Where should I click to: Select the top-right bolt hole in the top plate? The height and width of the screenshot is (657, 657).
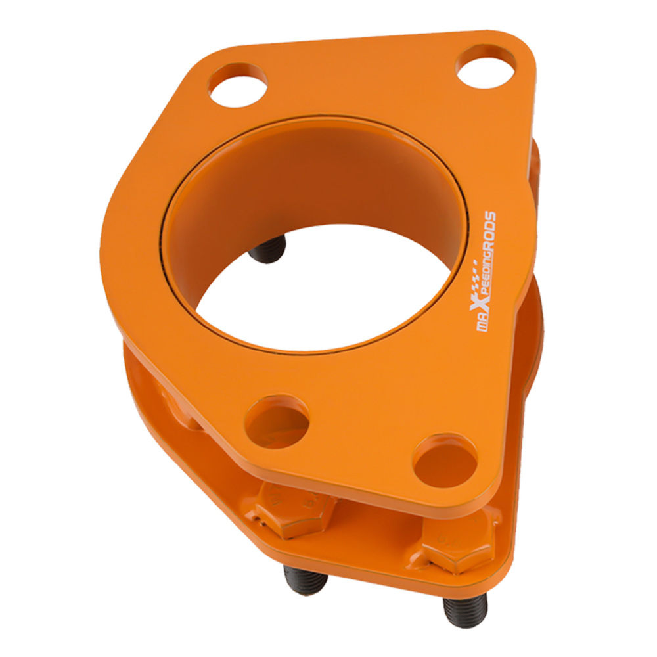tap(486, 67)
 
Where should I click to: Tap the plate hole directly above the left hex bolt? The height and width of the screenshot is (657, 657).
tap(277, 421)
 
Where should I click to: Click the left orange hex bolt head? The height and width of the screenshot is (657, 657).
tap(293, 509)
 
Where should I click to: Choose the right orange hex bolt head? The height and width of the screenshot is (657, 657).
tap(459, 541)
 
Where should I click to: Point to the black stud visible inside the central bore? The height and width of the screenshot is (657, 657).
tap(267, 249)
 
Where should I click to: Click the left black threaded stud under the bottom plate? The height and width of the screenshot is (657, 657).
tap(305, 580)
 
